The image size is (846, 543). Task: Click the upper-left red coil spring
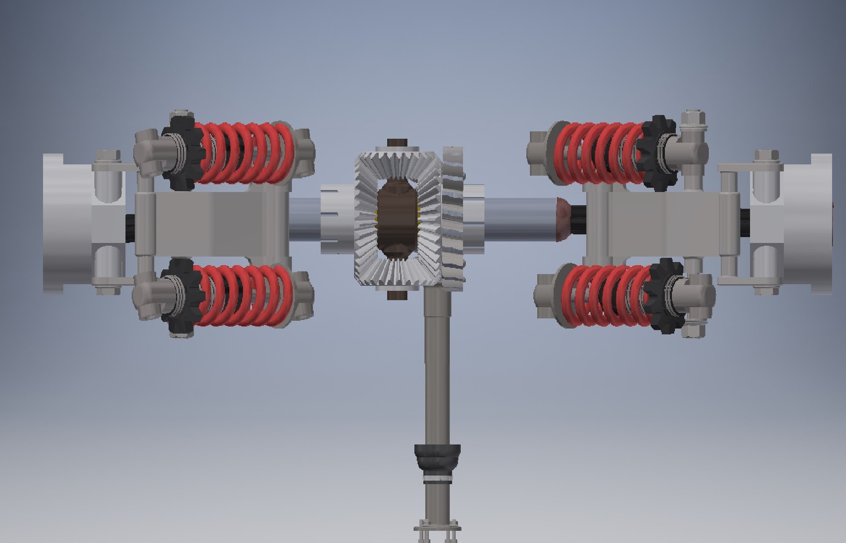244,152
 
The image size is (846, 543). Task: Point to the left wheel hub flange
65,221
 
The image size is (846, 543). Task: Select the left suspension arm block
211,221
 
